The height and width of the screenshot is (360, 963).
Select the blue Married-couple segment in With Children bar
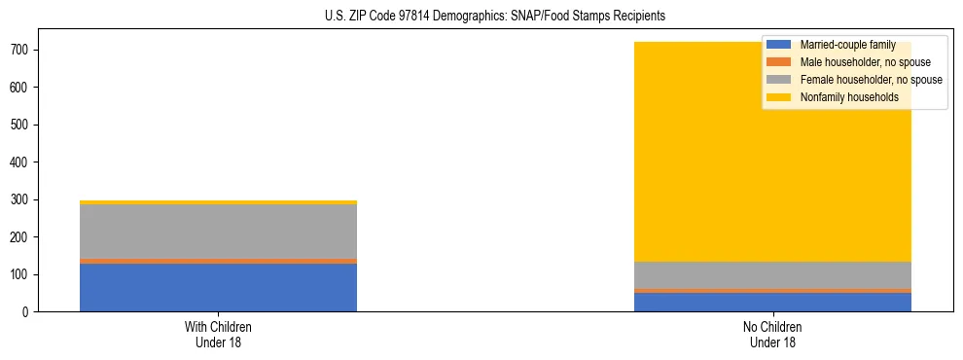pyautogui.click(x=218, y=287)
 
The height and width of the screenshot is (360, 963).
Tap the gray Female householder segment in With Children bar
pyautogui.click(x=218, y=232)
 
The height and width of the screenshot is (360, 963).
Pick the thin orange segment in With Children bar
pyautogui.click(x=218, y=261)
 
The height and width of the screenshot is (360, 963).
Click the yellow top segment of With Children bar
pyautogui.click(x=218, y=202)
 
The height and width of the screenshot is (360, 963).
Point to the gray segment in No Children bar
pyautogui.click(x=772, y=275)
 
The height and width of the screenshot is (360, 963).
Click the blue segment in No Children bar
pyautogui.click(x=772, y=302)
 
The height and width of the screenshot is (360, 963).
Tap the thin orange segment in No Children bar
pyautogui.click(x=772, y=291)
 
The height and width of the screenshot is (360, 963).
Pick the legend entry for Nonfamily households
pyautogui.click(x=849, y=97)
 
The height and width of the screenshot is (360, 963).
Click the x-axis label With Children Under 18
pyautogui.click(x=218, y=335)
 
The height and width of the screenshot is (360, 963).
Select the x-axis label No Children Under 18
pyautogui.click(x=772, y=335)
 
